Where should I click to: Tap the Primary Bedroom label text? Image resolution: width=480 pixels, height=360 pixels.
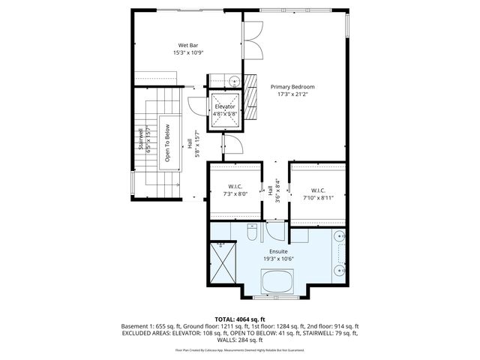(x=292, y=87)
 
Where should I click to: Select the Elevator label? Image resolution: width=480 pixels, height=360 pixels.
(x=225, y=106)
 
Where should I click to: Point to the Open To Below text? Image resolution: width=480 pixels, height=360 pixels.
(x=168, y=142)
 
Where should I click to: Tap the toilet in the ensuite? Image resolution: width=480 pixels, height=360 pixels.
(x=252, y=229)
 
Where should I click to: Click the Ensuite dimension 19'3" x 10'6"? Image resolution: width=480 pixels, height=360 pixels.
(x=277, y=259)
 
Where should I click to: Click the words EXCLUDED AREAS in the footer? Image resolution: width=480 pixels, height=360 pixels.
(x=143, y=334)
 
